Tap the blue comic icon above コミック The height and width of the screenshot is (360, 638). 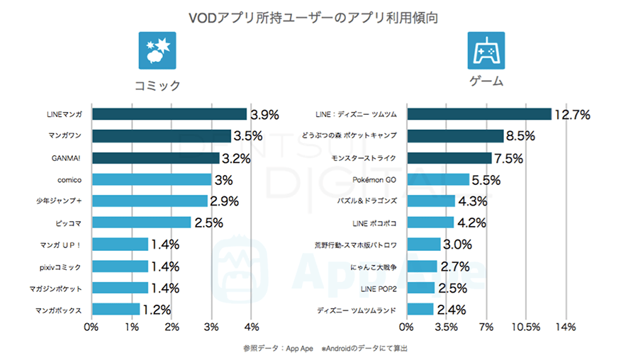tap(157, 50)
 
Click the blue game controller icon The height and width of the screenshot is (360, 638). tap(486, 50)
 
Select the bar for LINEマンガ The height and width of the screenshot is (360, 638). tap(169, 114)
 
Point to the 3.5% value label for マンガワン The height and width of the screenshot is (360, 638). tap(249, 136)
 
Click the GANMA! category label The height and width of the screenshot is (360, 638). tap(69, 158)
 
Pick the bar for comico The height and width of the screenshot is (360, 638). tap(152, 179)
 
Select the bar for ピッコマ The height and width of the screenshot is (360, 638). tap(142, 223)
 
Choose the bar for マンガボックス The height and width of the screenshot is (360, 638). tap(116, 310)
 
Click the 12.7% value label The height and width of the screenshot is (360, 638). tap(572, 115)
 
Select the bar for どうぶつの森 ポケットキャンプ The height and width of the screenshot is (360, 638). tap(455, 136)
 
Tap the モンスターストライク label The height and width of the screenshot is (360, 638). tap(364, 158)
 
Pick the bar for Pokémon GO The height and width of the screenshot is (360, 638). tap(438, 179)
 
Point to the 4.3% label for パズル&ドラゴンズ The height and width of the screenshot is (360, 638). tap(472, 201)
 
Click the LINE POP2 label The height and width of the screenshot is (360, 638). tap(379, 288)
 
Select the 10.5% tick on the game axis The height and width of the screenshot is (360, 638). tap(525, 327)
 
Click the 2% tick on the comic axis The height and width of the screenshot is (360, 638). tap(172, 327)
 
